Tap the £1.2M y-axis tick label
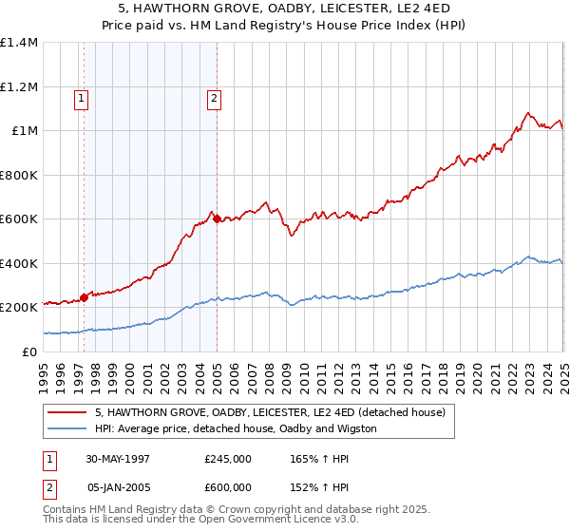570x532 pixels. coord(19,86)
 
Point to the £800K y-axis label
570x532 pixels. coord(19,175)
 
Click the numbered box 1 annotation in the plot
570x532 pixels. coord(82,97)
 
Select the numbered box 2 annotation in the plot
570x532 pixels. coord(215,97)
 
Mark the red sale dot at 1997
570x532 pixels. coord(85,297)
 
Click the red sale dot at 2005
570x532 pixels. coord(217,219)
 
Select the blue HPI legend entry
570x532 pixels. coord(236,428)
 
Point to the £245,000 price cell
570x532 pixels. coord(228,458)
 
